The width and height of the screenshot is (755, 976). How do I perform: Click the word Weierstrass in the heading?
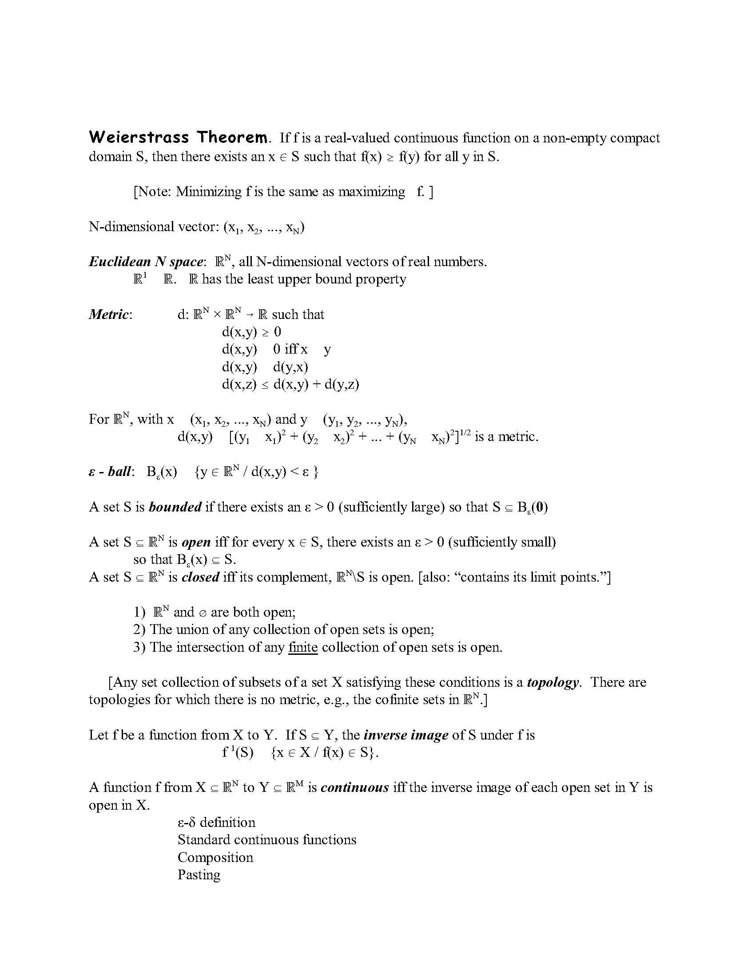click(x=139, y=137)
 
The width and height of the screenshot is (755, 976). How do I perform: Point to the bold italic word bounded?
click(x=175, y=507)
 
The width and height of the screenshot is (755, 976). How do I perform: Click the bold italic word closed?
click(x=200, y=577)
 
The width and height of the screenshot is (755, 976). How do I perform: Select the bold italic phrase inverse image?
click(x=406, y=735)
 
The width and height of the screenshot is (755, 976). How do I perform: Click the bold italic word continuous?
click(x=355, y=787)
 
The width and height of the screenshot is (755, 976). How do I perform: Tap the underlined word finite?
click(x=303, y=647)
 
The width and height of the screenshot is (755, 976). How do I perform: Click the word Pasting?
click(x=199, y=874)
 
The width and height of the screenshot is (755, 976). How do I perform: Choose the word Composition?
click(x=215, y=857)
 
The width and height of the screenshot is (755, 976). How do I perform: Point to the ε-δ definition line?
click(x=216, y=822)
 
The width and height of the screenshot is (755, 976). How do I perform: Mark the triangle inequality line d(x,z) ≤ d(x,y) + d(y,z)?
click(x=290, y=384)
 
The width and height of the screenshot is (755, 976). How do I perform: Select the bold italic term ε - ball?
click(x=111, y=472)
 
